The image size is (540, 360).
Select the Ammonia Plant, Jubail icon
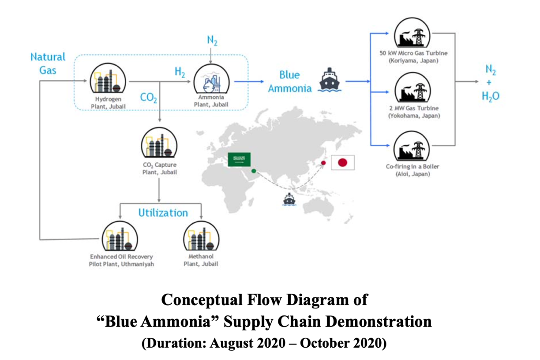pyautogui.click(x=210, y=80)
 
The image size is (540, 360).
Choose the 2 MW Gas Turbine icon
pyautogui.click(x=413, y=89)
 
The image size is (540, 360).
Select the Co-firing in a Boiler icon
pyautogui.click(x=413, y=147)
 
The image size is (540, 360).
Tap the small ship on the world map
pyautogui.click(x=289, y=199)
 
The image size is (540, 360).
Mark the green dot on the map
pyautogui.click(x=254, y=171)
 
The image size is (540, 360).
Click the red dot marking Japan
pyautogui.click(x=323, y=163)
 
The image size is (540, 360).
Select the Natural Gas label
pyautogui.click(x=48, y=63)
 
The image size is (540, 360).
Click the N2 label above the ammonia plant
pyautogui.click(x=212, y=41)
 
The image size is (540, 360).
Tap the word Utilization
pyautogui.click(x=163, y=213)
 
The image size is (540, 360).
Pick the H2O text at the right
pyautogui.click(x=491, y=97)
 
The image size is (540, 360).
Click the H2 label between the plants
pyautogui.click(x=180, y=73)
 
